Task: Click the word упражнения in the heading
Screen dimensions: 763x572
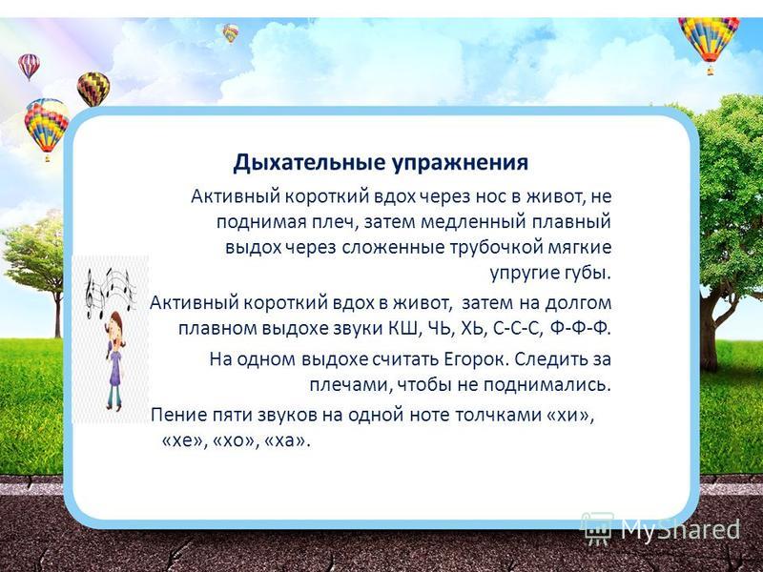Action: coord(461,163)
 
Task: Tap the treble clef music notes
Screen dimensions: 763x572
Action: coord(110,292)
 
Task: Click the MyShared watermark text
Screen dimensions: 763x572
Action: coord(679,529)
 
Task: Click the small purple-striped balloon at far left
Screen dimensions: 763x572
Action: coord(30,67)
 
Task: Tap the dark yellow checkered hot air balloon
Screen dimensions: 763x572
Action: coord(93,89)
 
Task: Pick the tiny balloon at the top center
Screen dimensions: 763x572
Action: coord(231,32)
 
